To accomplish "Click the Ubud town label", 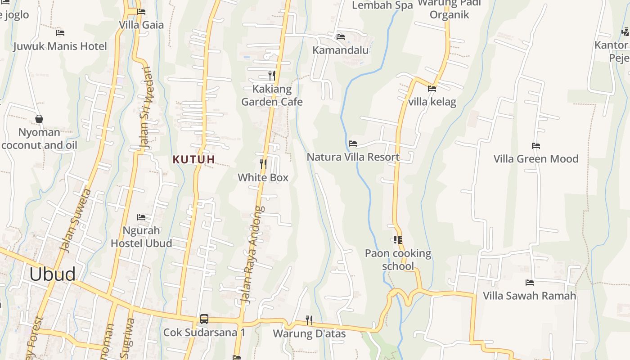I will (x=52, y=274).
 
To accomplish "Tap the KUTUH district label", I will (x=193, y=159).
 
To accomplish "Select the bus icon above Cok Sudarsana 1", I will (x=204, y=319).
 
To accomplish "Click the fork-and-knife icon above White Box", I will (x=263, y=164).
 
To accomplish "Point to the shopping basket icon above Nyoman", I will (x=39, y=119).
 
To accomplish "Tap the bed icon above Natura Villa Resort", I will (x=353, y=144).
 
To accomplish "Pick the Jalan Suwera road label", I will (x=75, y=220).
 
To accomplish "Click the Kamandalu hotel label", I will (x=341, y=50).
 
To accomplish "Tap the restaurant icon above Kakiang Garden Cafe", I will (x=271, y=75).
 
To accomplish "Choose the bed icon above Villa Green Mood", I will (x=535, y=145).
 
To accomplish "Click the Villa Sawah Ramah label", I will (x=529, y=296).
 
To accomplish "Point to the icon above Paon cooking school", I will (x=397, y=240).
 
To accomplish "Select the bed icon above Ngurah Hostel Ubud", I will (x=141, y=217).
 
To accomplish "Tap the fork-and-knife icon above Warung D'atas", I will (x=309, y=320).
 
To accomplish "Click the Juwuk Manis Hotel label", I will (x=60, y=46).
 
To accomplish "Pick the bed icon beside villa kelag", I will (x=432, y=89).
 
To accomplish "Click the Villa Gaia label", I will (x=141, y=25).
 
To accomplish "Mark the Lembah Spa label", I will (x=382, y=5).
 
